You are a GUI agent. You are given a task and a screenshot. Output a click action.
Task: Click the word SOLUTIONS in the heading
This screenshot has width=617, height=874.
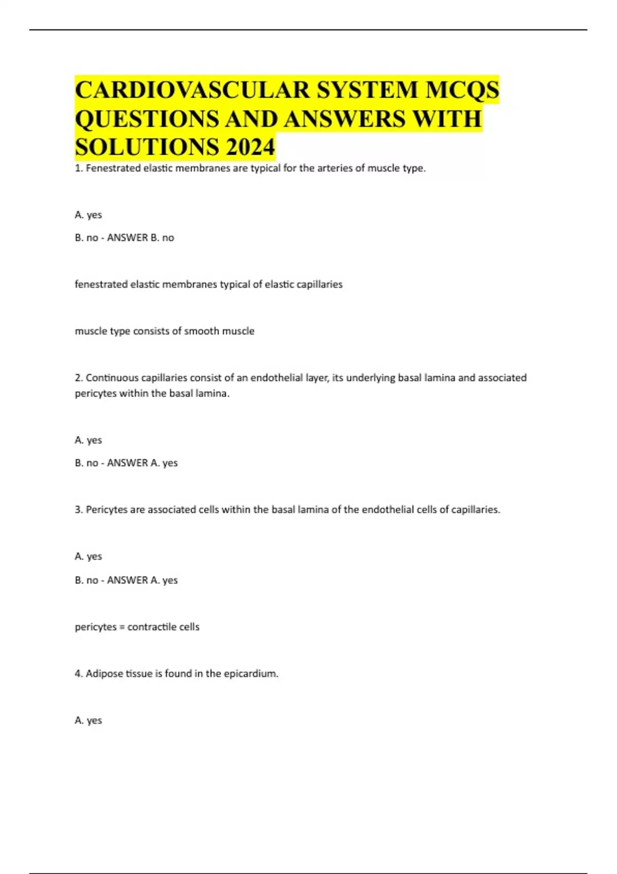click(147, 147)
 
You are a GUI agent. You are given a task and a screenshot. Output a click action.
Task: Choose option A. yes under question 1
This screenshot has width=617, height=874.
click(88, 215)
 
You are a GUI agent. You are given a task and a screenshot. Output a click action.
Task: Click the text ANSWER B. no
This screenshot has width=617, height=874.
click(140, 238)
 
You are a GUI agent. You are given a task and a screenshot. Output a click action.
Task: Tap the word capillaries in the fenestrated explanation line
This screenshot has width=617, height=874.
click(319, 284)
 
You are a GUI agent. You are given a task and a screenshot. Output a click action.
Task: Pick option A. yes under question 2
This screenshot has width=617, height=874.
click(88, 440)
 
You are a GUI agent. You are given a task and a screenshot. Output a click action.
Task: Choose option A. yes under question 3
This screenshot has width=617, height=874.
click(88, 556)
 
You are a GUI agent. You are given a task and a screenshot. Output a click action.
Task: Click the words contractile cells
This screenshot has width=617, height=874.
click(164, 627)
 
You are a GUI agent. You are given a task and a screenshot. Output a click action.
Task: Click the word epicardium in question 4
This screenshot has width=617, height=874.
click(251, 673)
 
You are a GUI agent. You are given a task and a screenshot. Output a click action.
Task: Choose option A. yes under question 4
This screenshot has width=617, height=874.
click(88, 720)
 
